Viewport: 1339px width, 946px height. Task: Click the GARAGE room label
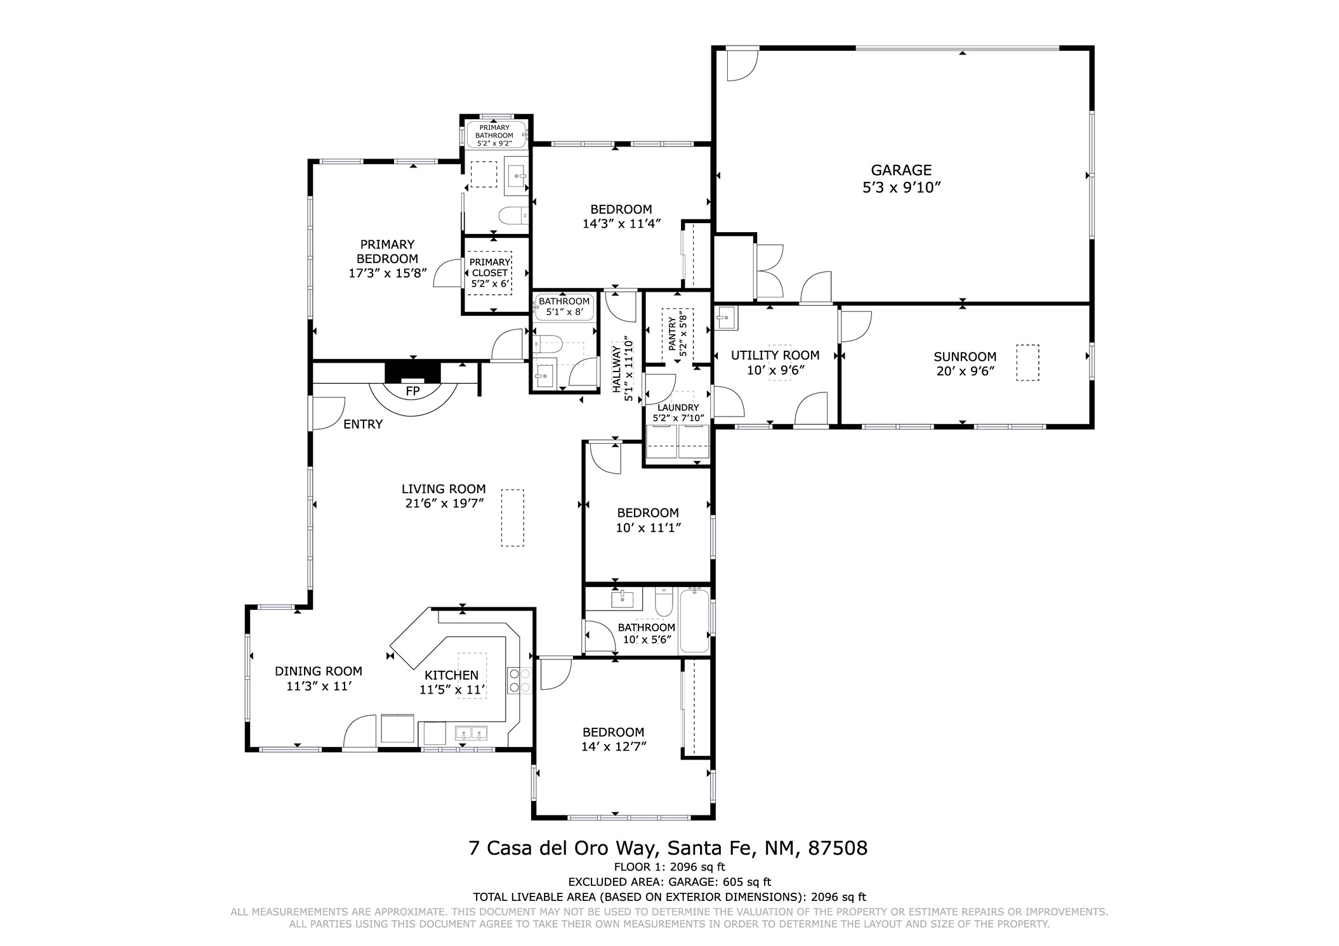[900, 170]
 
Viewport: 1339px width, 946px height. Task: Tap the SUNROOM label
[965, 357]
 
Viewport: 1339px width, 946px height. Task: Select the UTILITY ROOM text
[775, 356]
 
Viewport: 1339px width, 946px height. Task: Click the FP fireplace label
[412, 392]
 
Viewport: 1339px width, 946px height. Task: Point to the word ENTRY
[363, 425]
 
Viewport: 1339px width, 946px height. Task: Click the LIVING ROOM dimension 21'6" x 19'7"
[444, 503]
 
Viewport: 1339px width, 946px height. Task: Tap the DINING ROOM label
[318, 671]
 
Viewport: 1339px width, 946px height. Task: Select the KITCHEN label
[451, 675]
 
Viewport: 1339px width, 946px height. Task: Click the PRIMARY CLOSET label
[489, 268]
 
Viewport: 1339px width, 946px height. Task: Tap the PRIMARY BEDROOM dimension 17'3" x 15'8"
[387, 273]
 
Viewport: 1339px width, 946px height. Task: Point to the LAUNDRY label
[678, 408]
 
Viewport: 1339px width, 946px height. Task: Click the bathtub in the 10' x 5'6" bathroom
[694, 620]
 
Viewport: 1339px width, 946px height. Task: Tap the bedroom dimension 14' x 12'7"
[613, 747]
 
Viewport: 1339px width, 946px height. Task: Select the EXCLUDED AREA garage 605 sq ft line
[669, 881]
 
